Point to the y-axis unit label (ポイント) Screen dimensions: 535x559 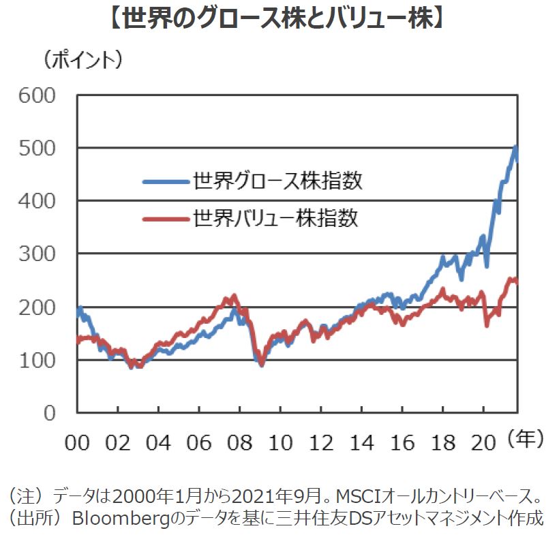click(83, 60)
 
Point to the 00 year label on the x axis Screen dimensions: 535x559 click(78, 442)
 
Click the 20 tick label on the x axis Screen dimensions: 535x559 click(484, 442)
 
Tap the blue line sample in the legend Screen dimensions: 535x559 click(166, 182)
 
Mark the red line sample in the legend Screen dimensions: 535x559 click(166, 219)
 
